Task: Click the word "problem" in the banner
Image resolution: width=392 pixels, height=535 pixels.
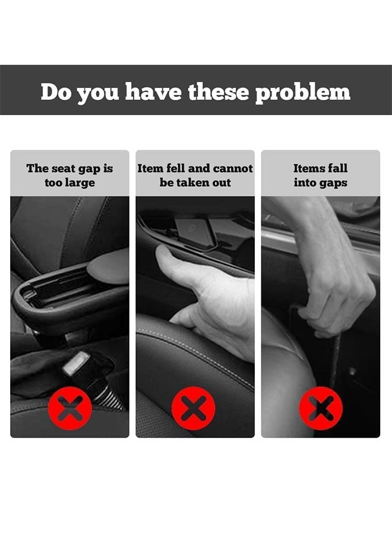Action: (x=302, y=92)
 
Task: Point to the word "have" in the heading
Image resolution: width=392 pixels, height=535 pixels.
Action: (x=154, y=92)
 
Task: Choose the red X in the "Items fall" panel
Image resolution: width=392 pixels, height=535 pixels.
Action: (x=321, y=408)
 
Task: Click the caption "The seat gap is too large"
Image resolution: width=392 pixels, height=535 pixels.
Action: (x=69, y=175)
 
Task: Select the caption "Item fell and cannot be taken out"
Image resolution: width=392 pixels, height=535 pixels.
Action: (x=195, y=175)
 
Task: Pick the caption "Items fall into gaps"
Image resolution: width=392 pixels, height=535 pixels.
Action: (x=321, y=175)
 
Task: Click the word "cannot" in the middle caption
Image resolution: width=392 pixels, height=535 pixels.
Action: (x=233, y=168)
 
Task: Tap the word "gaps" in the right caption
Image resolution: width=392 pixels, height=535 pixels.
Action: (x=334, y=182)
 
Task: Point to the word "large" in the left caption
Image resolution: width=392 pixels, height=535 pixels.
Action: (x=80, y=182)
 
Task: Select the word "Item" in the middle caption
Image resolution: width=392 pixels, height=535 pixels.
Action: (x=150, y=168)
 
